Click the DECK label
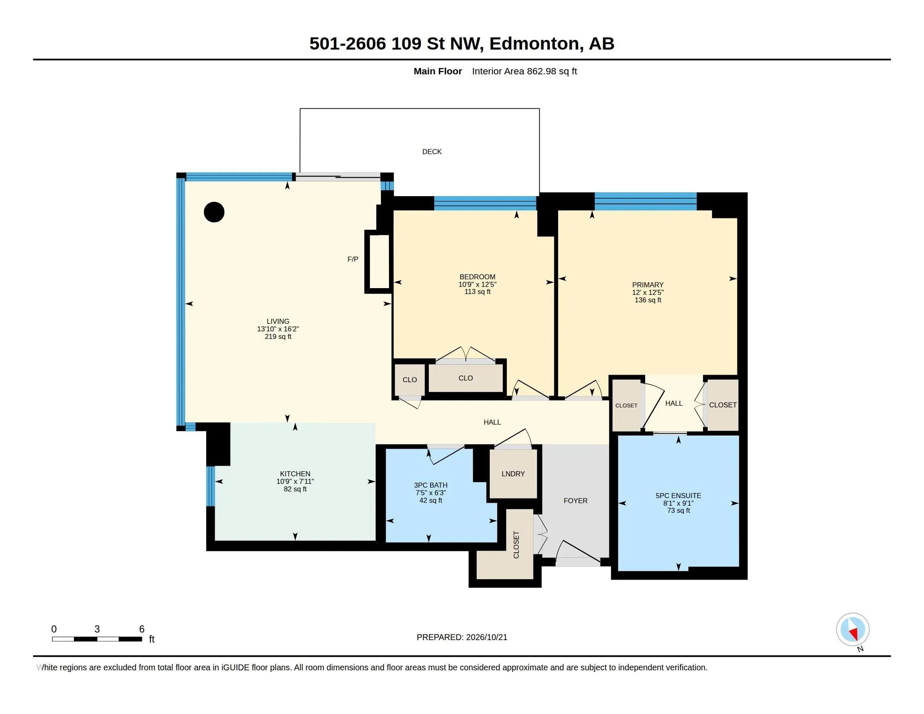(x=431, y=152)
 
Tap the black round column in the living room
(x=214, y=212)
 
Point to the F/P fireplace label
(x=353, y=259)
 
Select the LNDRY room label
(x=513, y=474)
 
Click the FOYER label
(x=575, y=501)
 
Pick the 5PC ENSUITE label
(x=679, y=496)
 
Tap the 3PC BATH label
(x=430, y=485)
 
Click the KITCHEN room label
(x=295, y=474)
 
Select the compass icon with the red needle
(x=853, y=630)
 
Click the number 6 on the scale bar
(x=142, y=629)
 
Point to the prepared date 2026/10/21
(x=486, y=637)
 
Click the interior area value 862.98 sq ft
(x=552, y=71)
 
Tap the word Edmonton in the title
(x=534, y=44)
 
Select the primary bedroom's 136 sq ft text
(x=648, y=300)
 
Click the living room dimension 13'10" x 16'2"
(x=278, y=329)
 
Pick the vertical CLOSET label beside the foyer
(x=516, y=545)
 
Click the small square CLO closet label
(x=409, y=380)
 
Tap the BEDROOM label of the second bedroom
(x=477, y=277)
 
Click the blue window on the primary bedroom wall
(x=646, y=201)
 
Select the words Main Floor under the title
(x=438, y=71)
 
